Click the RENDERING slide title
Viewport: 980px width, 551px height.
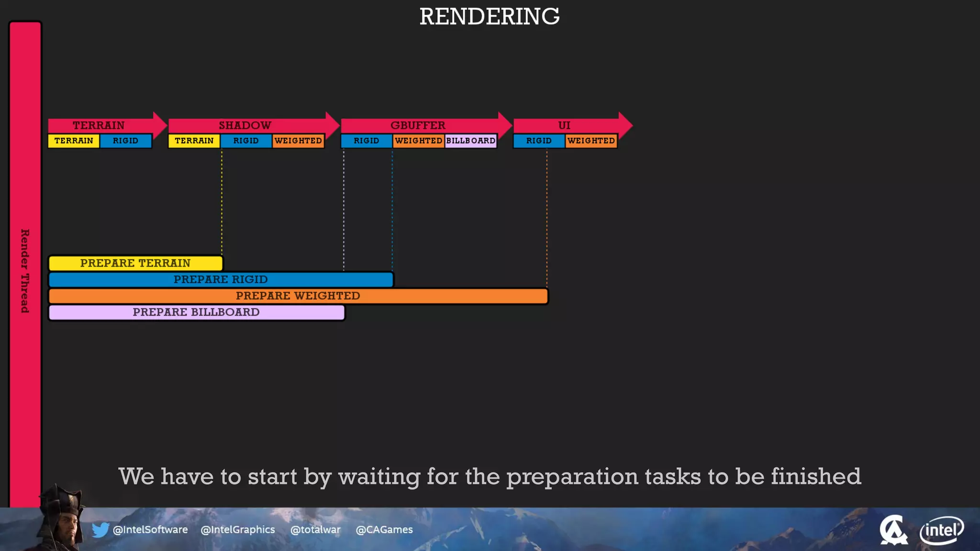pos(489,17)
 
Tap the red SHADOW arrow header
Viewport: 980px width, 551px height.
pos(245,125)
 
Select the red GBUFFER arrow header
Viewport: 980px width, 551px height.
pos(418,125)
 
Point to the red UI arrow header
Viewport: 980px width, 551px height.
pos(565,125)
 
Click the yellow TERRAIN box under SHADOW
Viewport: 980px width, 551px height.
pos(194,141)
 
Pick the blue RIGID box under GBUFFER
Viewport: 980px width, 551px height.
pos(366,141)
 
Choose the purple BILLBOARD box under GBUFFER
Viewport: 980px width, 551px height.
pos(470,141)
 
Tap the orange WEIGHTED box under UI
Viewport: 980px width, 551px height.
pos(591,141)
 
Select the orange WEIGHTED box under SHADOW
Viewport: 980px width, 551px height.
pos(298,141)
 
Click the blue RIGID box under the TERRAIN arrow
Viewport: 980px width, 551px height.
pos(125,141)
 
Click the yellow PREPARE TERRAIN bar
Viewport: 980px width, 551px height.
pos(135,263)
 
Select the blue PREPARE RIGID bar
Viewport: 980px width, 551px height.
pos(221,279)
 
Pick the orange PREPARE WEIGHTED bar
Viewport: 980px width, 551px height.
pos(298,296)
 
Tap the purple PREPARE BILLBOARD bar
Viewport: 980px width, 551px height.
pos(196,312)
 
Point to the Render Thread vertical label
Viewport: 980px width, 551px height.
pos(25,271)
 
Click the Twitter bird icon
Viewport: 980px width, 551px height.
pos(100,530)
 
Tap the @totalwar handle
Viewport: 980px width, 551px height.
pos(315,530)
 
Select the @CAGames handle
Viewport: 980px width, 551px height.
pos(384,530)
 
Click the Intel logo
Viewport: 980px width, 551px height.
pos(941,530)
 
